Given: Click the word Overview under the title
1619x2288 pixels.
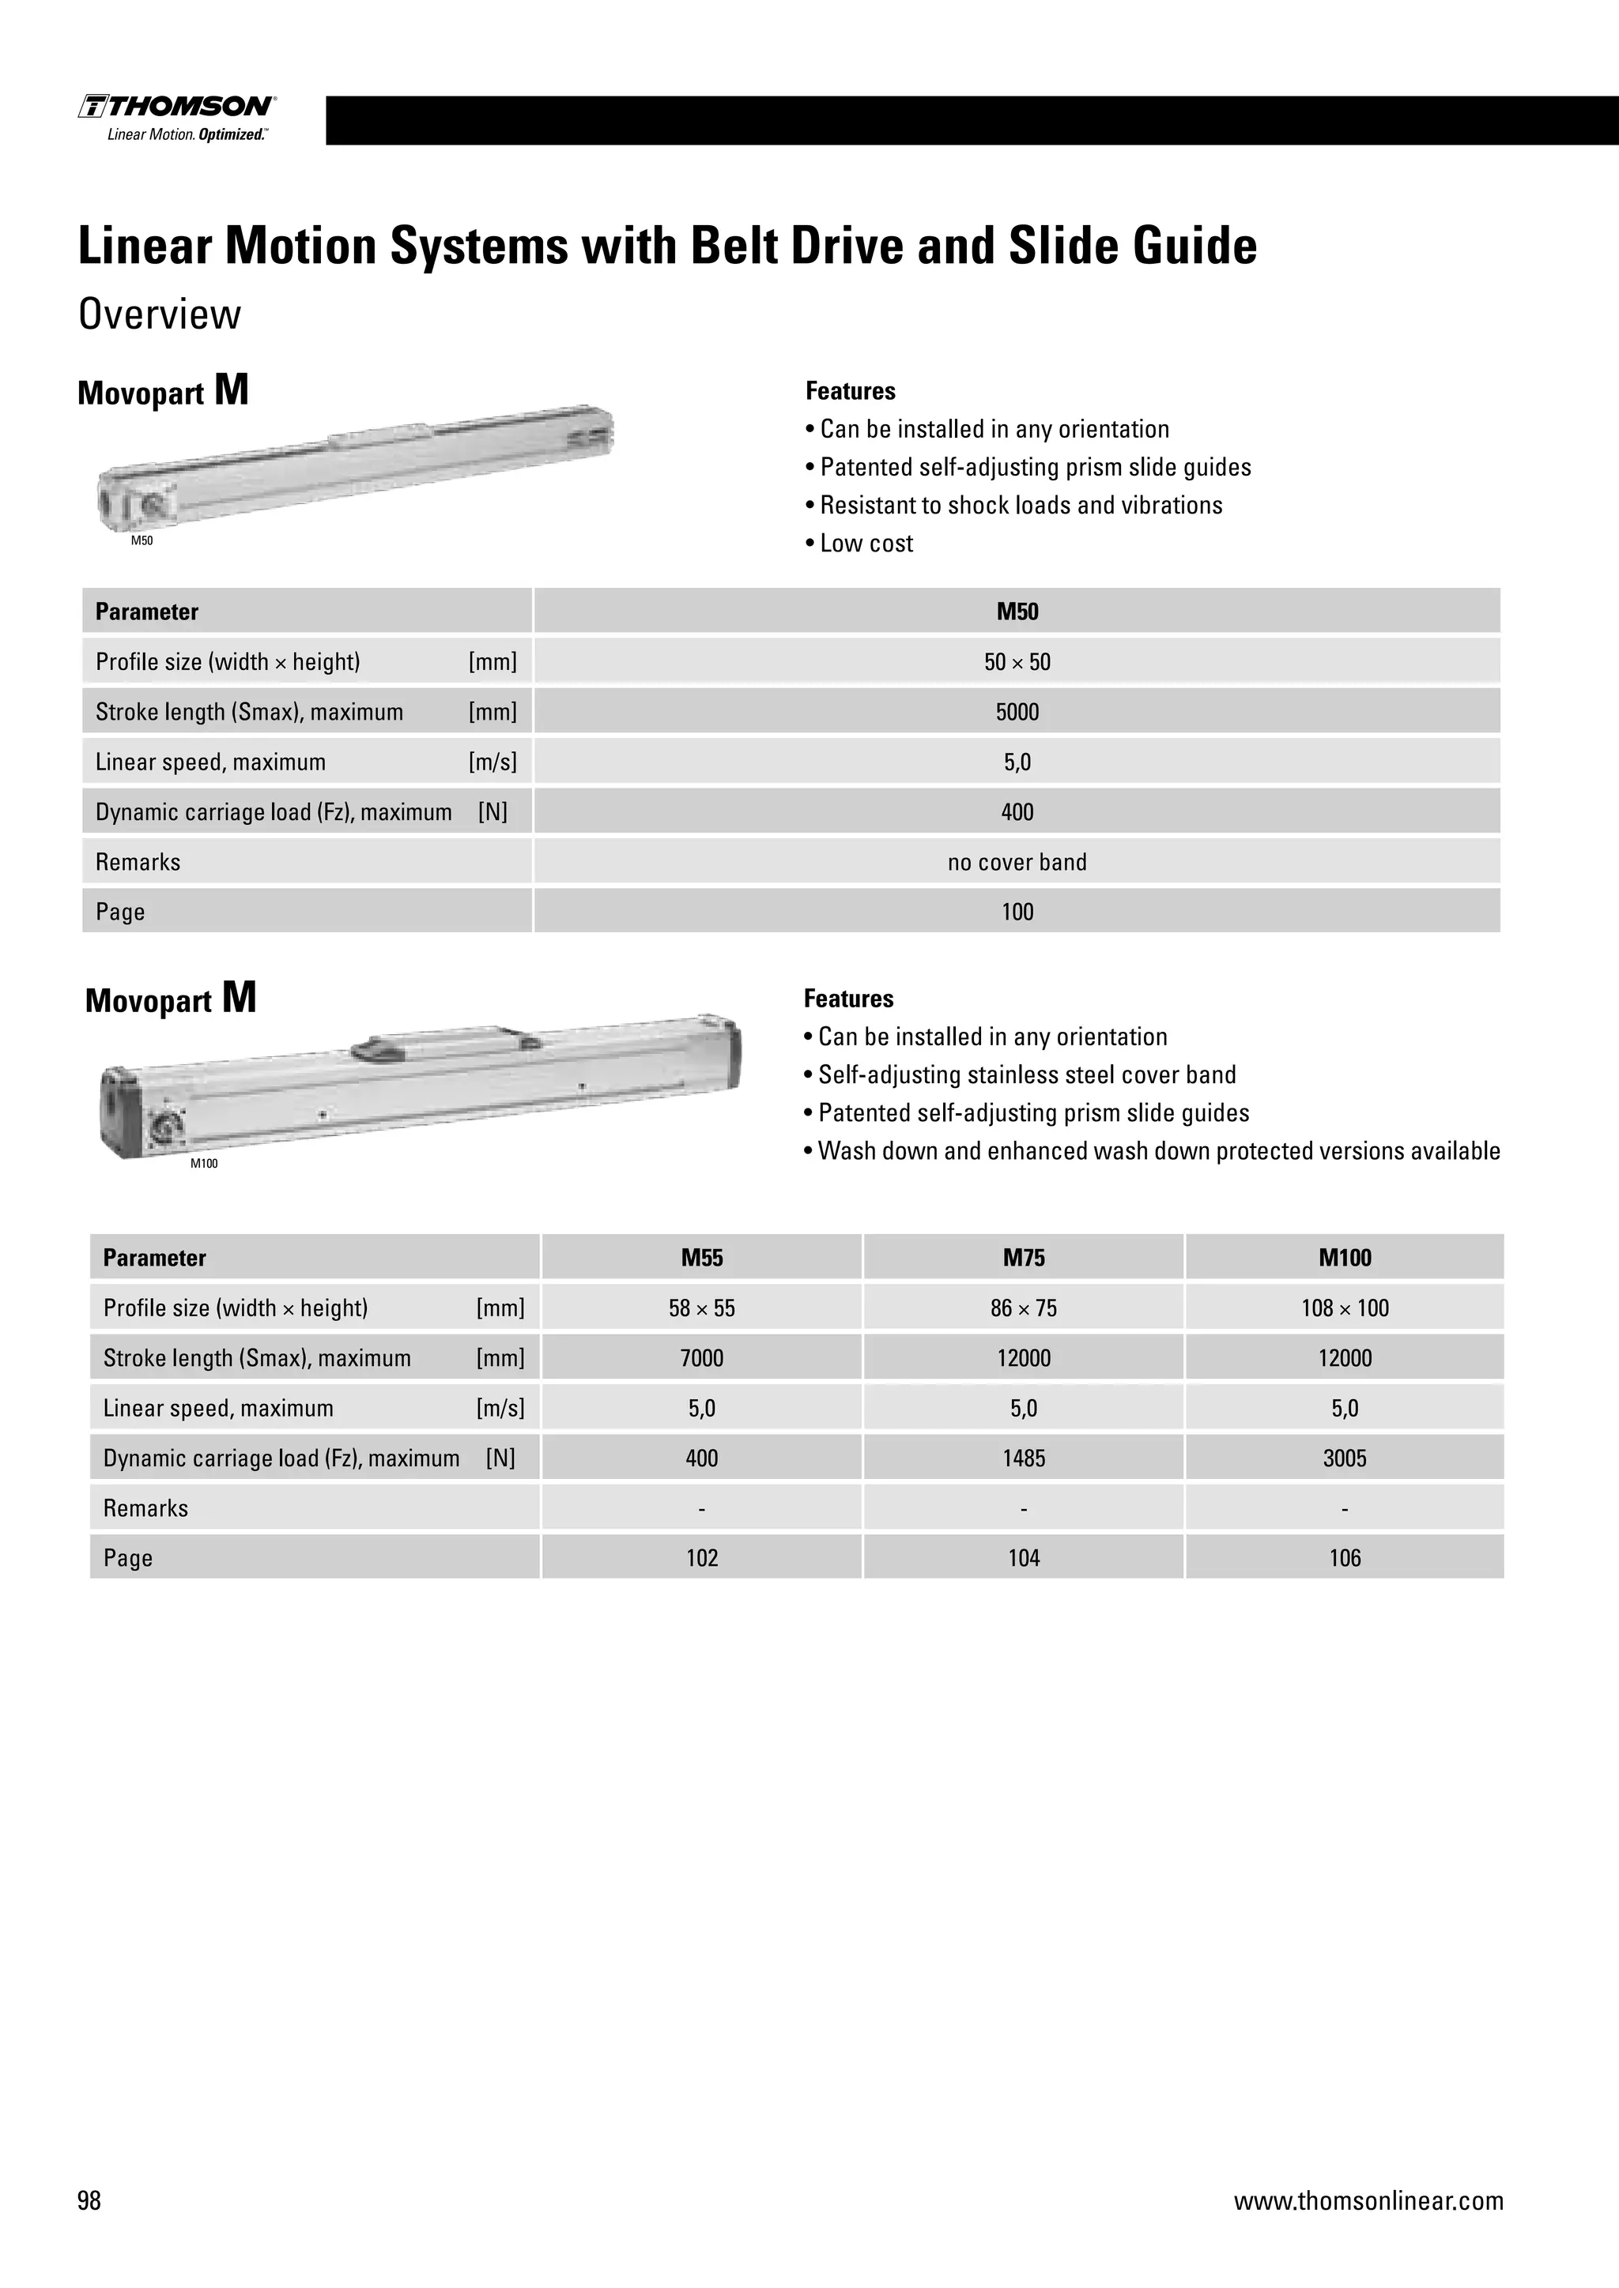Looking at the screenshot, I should click(x=160, y=315).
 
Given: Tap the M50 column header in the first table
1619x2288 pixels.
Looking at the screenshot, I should click(x=1017, y=612).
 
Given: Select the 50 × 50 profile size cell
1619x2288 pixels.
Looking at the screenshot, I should click(x=1017, y=662).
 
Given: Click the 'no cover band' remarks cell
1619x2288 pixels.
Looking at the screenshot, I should click(x=1017, y=862).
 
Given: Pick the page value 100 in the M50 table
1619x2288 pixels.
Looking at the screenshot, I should click(x=1017, y=912).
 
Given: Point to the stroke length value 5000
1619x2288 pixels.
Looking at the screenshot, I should click(x=1017, y=712).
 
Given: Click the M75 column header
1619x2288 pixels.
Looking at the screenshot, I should click(x=1024, y=1258).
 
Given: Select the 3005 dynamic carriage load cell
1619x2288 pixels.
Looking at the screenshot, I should click(x=1344, y=1458).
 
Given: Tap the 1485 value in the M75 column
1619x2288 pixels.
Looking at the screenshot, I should click(x=1024, y=1458).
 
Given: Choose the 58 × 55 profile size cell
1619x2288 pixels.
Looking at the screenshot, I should click(x=702, y=1308).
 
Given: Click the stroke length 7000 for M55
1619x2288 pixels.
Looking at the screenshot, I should click(x=702, y=1357).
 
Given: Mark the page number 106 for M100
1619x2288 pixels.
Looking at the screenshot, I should click(x=1344, y=1557).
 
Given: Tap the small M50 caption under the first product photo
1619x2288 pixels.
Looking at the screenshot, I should click(x=142, y=541).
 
